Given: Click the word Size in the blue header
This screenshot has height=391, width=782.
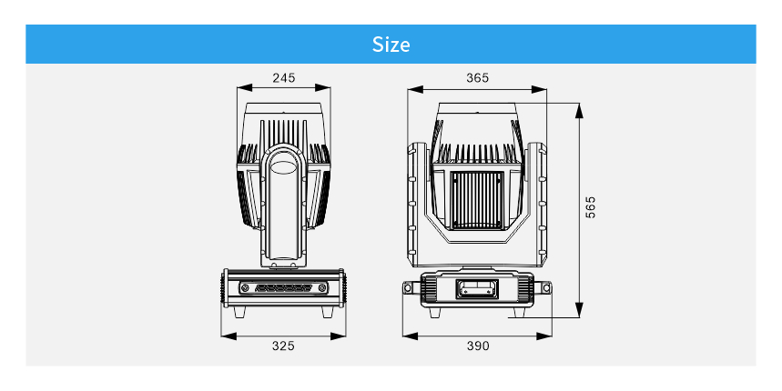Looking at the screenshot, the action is [x=391, y=45].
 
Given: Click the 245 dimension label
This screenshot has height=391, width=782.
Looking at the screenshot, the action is [x=284, y=77].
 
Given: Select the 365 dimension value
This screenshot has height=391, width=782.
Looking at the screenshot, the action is [x=477, y=77].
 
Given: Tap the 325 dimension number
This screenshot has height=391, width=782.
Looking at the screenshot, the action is [x=283, y=346].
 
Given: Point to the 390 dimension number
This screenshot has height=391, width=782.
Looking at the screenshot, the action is [x=478, y=346].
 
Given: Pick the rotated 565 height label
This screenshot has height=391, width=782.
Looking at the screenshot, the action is [x=590, y=207].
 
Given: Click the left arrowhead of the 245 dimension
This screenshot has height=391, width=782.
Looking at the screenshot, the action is [x=244, y=88].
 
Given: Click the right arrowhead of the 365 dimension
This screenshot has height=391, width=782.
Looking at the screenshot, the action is [x=539, y=90].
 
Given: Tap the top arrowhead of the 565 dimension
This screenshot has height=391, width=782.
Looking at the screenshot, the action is [x=579, y=111].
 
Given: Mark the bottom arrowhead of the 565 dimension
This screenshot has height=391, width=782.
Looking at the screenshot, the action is [x=579, y=310].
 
